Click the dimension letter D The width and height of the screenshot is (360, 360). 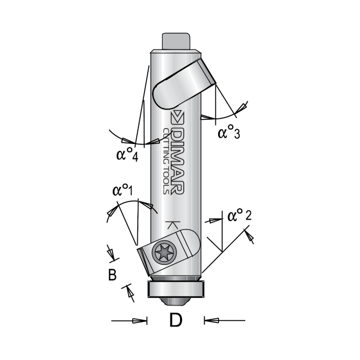coord(176,321)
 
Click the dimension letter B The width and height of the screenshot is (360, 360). coord(112,275)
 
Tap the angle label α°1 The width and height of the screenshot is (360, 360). coord(122,191)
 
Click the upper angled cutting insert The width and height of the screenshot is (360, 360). coord(184,83)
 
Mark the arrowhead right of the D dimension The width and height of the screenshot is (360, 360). coord(211,321)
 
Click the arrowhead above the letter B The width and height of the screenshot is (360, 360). coord(111,253)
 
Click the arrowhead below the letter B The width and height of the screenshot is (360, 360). coord(128,294)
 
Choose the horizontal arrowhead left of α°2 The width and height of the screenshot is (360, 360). coord(211,220)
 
